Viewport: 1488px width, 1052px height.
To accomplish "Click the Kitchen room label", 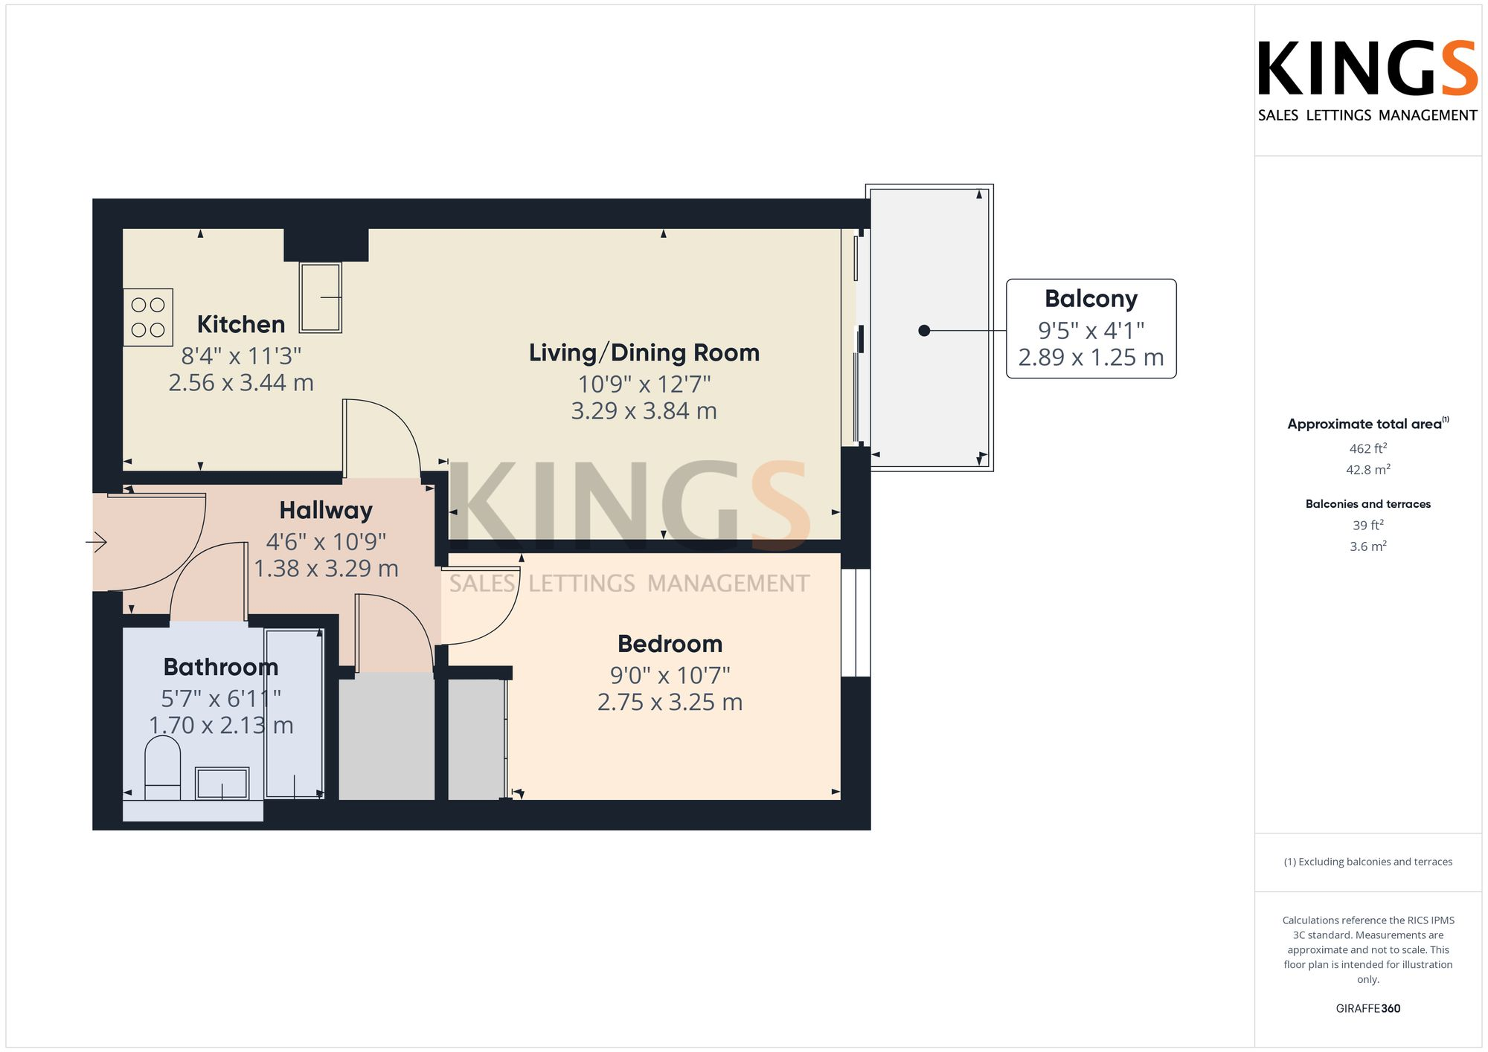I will (240, 324).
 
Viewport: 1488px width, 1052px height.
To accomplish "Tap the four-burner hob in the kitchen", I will (148, 317).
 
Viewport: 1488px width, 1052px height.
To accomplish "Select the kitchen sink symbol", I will (321, 297).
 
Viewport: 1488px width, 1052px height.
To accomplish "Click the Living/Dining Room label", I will (644, 352).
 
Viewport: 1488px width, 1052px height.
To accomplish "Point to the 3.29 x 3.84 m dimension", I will (644, 411).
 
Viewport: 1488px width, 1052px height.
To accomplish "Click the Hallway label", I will (325, 510).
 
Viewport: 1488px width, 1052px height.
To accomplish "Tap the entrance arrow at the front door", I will (97, 543).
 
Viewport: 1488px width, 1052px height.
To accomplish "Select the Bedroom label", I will (670, 644).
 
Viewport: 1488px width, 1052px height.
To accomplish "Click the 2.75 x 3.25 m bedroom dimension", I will (670, 703).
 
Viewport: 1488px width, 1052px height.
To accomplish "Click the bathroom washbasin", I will (222, 784).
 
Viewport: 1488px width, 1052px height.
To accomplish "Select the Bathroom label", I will (220, 667).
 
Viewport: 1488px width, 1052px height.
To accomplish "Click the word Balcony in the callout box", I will (1091, 299).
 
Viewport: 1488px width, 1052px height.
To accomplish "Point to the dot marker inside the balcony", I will (924, 331).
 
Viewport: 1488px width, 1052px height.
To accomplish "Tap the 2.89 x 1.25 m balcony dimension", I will (1091, 358).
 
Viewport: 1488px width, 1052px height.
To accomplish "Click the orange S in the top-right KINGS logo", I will (1458, 68).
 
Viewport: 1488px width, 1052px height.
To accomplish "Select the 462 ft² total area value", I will (1367, 448).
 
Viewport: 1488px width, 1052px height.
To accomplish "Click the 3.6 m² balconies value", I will (1367, 546).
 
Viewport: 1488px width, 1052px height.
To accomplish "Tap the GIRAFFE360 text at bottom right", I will (1367, 1008).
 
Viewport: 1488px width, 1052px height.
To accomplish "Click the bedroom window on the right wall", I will (856, 622).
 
